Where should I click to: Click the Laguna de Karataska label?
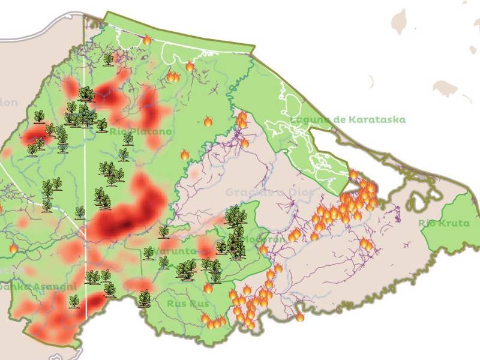(x=347, y=120)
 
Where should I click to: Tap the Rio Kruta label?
(x=443, y=223)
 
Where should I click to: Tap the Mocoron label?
(x=264, y=239)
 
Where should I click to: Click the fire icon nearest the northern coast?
(x=147, y=40)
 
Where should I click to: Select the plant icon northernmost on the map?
(x=108, y=59)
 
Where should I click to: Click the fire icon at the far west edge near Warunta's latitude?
(x=13, y=248)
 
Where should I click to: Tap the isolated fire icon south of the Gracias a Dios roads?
(x=299, y=316)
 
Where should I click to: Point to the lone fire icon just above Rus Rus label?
(x=208, y=287)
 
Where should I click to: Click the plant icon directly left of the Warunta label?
(x=148, y=253)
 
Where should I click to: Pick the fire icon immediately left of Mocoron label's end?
(x=263, y=249)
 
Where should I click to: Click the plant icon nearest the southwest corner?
(x=74, y=301)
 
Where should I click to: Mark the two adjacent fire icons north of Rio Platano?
(x=173, y=76)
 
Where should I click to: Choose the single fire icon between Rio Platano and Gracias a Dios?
(x=185, y=155)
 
